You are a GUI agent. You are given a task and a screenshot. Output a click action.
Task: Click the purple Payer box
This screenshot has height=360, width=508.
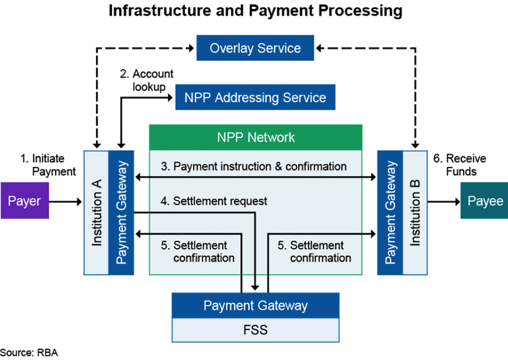[25, 201]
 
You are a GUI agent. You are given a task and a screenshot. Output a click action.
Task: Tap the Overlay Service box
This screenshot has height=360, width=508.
[255, 48]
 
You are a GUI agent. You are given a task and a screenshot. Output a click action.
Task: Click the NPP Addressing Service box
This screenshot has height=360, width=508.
[255, 98]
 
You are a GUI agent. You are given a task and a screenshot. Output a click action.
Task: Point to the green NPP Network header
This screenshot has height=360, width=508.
[255, 137]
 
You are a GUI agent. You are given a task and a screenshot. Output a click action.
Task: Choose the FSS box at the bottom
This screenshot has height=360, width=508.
[255, 329]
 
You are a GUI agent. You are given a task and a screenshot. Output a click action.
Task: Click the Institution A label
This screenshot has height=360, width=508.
[97, 213]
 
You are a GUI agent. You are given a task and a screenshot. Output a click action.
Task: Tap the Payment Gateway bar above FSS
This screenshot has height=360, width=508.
[255, 305]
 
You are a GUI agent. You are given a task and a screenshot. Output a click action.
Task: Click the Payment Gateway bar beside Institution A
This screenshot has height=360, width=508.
[121, 213]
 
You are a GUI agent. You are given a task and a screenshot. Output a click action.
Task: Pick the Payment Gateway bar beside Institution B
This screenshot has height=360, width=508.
[390, 213]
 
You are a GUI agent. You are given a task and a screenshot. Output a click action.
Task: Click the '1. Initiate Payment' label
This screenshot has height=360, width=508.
[48, 165]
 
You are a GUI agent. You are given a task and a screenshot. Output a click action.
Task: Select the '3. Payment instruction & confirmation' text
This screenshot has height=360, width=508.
[259, 166]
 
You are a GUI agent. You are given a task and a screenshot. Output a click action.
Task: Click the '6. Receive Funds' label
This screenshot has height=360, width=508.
[459, 165]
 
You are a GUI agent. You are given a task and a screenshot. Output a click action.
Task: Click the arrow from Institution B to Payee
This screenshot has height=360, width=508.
[443, 201]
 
